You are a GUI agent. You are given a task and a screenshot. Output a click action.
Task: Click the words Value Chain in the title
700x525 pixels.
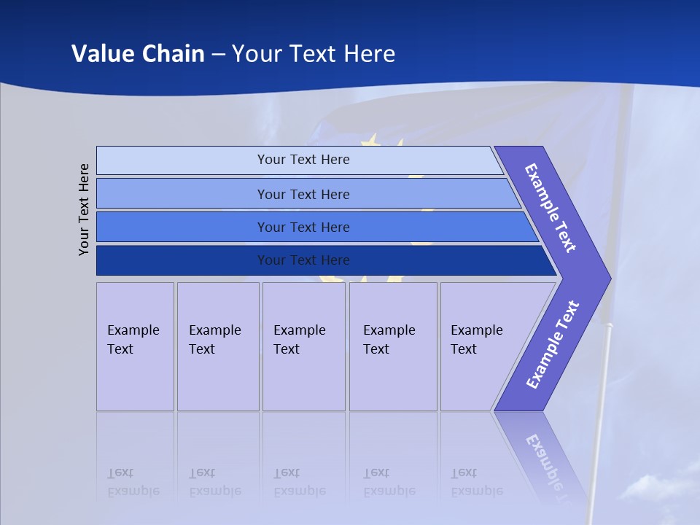[138, 53]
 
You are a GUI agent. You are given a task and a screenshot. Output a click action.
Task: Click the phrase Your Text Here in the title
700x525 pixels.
[314, 53]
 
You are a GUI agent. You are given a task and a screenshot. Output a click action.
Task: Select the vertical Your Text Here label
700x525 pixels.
[85, 209]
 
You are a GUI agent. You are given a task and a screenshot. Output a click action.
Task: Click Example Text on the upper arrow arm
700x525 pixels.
[551, 208]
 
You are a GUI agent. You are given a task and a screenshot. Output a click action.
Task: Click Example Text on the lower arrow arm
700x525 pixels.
[553, 344]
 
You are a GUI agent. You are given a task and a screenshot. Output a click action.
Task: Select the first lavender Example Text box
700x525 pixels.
[135, 346]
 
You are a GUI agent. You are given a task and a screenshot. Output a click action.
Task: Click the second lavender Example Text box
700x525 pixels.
[218, 346]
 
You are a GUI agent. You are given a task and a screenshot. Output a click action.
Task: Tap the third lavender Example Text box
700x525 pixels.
[303, 346]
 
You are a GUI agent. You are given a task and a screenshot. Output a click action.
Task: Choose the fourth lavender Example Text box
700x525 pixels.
[393, 346]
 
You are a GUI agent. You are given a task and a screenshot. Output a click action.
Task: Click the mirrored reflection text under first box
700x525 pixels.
[133, 482]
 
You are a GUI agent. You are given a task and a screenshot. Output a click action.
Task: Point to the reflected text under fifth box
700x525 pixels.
[476, 482]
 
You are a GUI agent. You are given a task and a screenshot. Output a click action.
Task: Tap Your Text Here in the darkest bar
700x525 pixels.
[303, 260]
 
